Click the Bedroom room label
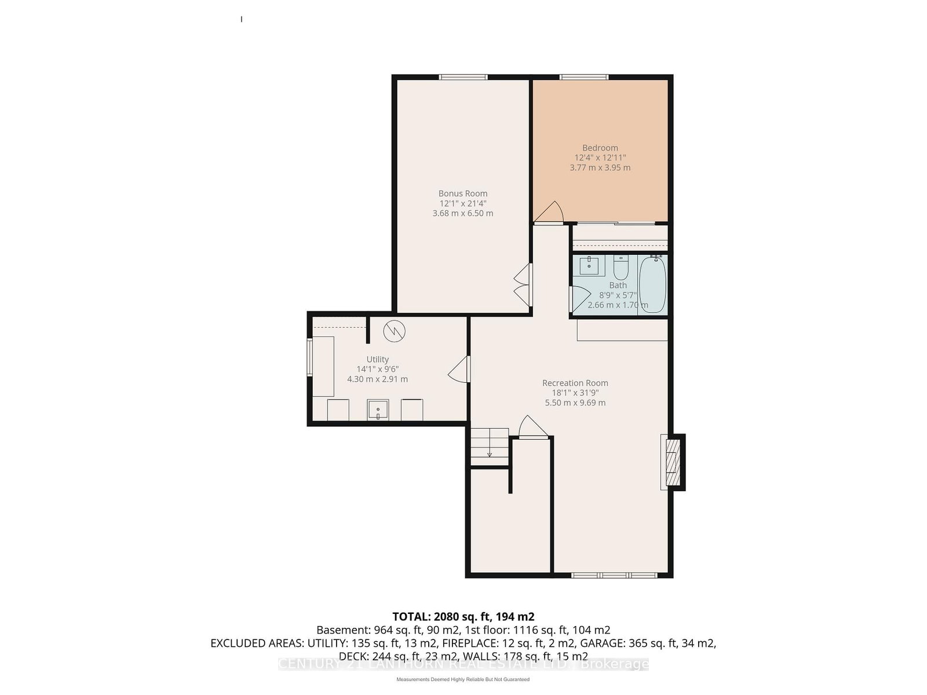(x=600, y=148)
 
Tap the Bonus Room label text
(x=462, y=193)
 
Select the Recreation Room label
(x=575, y=383)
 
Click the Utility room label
(x=377, y=359)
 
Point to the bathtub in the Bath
(x=652, y=284)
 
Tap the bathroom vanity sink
(x=589, y=266)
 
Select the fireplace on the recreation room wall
(x=672, y=463)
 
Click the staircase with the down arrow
(x=490, y=444)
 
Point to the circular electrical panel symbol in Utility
(x=394, y=331)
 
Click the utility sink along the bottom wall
(x=378, y=409)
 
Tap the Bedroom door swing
(x=549, y=212)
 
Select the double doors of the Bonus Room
(x=523, y=285)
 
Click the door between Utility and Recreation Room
(x=459, y=369)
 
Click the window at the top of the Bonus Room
(x=462, y=77)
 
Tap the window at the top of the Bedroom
(x=583, y=77)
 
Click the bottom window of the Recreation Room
(x=614, y=575)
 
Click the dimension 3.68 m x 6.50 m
(x=462, y=213)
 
